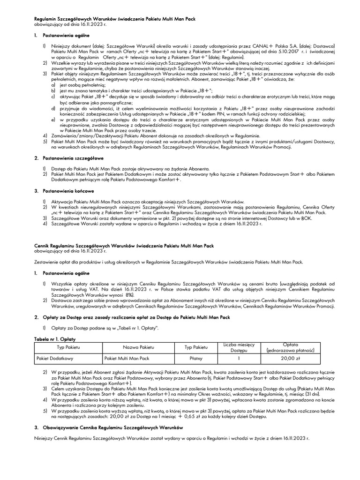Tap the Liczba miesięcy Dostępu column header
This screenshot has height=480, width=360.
tap(238, 347)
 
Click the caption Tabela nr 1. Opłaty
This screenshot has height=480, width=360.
tap(52, 338)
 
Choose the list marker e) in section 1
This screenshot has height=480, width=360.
tap(54, 120)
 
